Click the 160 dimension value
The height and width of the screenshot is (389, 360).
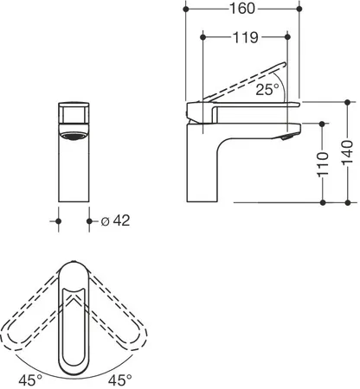(242, 9)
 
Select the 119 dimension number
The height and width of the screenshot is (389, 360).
(246, 37)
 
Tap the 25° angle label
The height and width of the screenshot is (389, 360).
(267, 89)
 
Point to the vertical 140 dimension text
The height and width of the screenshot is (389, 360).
(347, 152)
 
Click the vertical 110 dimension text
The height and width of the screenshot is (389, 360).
(323, 164)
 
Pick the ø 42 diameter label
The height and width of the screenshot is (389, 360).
(115, 221)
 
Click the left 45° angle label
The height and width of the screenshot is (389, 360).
(30, 380)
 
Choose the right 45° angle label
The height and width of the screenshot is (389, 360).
(120, 380)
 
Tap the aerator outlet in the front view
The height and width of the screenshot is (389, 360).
(74, 136)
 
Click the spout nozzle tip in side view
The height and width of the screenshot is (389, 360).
(287, 137)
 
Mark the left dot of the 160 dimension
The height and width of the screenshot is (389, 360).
(186, 10)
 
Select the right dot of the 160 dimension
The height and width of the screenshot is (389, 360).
(299, 9)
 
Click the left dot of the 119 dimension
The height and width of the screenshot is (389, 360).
(203, 37)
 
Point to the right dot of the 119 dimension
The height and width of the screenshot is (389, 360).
(287, 37)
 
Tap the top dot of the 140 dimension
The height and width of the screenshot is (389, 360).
(348, 102)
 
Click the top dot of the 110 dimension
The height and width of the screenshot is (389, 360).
(323, 124)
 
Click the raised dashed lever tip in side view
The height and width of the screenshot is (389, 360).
(285, 64)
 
